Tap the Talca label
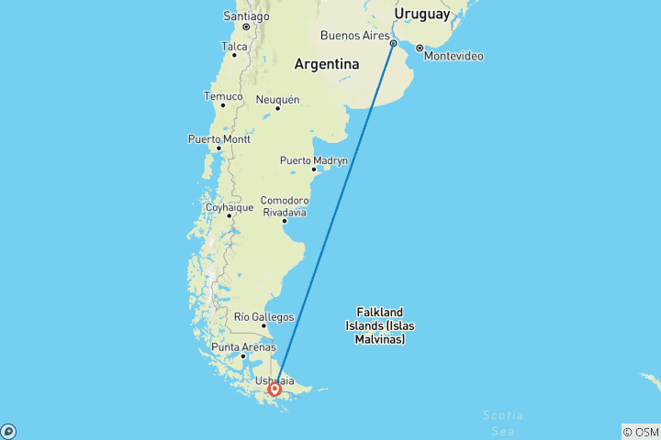(x=234, y=45)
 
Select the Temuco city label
(x=223, y=96)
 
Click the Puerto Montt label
(x=218, y=138)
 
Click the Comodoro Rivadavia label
(x=284, y=205)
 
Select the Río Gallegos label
(x=263, y=316)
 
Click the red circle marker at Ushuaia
(x=274, y=390)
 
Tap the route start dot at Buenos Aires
(x=394, y=43)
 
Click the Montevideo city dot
(x=419, y=48)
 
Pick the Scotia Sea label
(x=504, y=422)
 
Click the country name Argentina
(x=326, y=64)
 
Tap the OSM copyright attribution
(x=640, y=432)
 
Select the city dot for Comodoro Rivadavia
(x=284, y=220)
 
